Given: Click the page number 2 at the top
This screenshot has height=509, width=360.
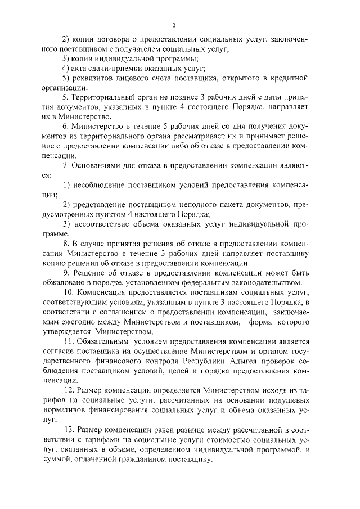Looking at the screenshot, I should [174, 25].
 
